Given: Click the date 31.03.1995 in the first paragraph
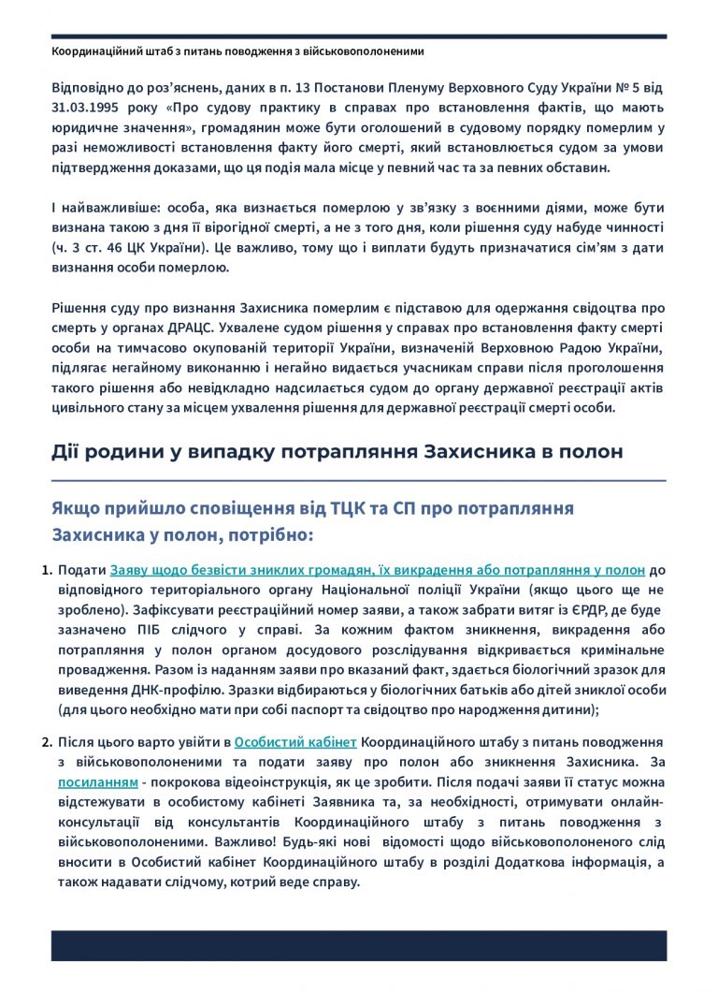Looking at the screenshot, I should pos(84,108).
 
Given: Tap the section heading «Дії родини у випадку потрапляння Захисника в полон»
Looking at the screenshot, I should pos(337,452).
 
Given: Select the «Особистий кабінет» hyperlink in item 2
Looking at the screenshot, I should pos(295,742).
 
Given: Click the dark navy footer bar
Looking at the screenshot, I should pos(359,946).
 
